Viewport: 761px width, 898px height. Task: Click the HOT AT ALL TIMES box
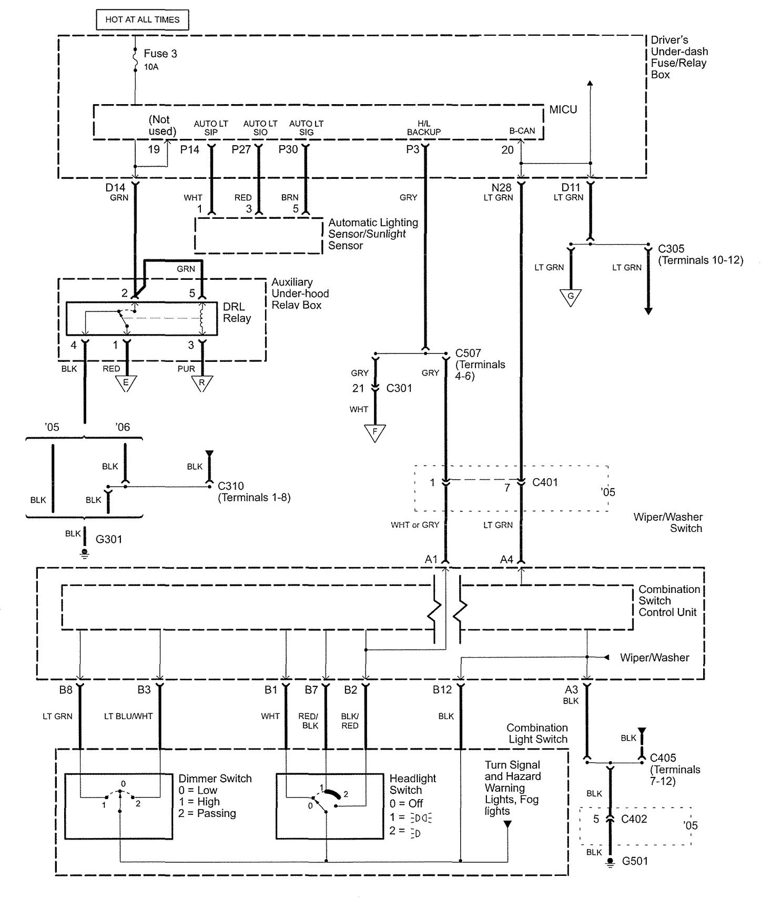point(142,20)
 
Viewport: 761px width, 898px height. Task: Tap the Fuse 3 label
point(160,54)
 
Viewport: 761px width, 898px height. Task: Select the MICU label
point(563,109)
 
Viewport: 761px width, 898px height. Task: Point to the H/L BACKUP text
point(423,128)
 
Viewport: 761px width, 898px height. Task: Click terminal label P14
point(190,149)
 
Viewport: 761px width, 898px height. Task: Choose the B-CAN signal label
point(522,131)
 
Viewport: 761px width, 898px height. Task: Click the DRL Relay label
point(237,312)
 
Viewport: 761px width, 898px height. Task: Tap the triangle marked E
point(126,382)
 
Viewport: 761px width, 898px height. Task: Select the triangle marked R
point(201,382)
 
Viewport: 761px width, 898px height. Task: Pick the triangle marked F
point(374,432)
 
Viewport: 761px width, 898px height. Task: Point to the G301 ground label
point(109,539)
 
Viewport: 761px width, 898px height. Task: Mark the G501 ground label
point(635,861)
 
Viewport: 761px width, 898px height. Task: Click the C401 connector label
point(545,482)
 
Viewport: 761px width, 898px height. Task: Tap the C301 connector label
point(399,388)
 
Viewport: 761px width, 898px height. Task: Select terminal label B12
point(442,690)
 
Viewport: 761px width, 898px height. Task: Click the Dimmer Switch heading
point(215,779)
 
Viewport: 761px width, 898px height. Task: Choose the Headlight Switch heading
point(413,784)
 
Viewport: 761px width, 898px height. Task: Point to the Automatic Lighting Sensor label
point(373,234)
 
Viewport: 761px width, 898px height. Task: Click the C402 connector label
point(634,819)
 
